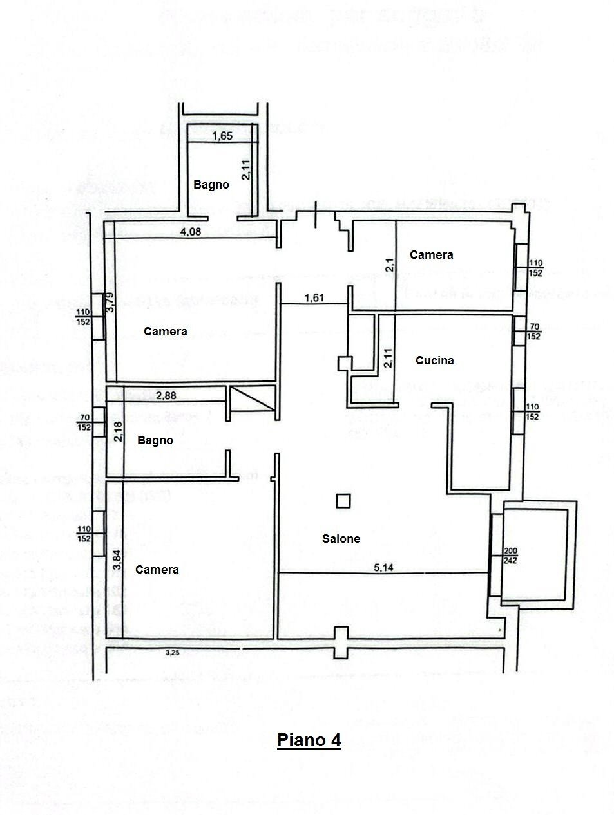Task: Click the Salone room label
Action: pos(341,539)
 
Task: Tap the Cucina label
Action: pos(434,361)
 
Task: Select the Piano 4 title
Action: pos(309,740)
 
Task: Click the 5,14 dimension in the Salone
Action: pos(384,567)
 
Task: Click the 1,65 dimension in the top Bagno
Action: pos(222,136)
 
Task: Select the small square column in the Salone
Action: pos(344,500)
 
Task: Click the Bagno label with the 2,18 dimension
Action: pos(155,441)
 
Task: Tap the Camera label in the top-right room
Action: pos(431,255)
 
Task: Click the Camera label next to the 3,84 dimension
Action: pos(157,570)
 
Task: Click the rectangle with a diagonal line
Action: pos(252,399)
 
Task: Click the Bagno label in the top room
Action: pos(211,185)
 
